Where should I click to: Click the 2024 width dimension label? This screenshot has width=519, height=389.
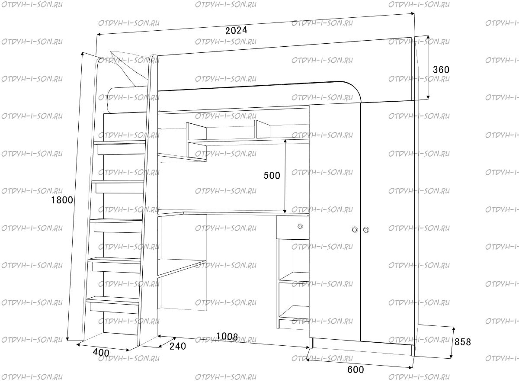(236, 30)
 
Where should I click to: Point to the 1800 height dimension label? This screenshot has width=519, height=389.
(62, 200)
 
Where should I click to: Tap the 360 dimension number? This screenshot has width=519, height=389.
(441, 70)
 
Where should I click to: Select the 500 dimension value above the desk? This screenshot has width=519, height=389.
(272, 176)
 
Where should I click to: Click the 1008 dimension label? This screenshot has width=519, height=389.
(227, 337)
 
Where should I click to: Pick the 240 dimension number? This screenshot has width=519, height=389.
(178, 346)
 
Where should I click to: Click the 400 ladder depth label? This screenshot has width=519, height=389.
(101, 353)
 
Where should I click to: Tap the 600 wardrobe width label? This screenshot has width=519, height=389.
(356, 370)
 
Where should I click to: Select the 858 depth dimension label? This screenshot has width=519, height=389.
(463, 342)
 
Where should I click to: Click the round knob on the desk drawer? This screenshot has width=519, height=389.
(300, 226)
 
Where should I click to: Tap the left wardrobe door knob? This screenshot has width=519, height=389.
(355, 230)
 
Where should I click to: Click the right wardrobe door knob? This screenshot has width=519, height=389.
(366, 230)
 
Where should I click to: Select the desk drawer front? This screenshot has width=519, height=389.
(292, 227)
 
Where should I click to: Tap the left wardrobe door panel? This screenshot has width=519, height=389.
(335, 222)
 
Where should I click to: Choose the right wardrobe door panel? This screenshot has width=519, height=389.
(388, 223)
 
